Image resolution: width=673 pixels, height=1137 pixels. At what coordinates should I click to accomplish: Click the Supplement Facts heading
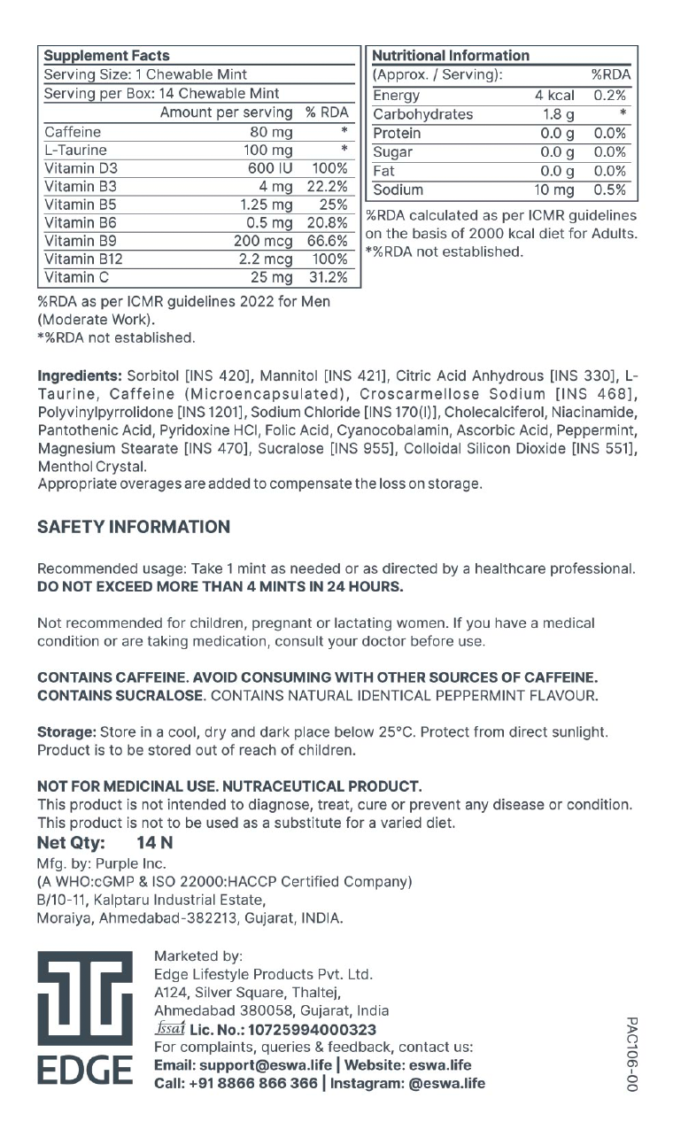(x=106, y=55)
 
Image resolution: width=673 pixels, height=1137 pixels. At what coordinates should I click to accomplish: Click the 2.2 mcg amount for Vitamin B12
(x=265, y=259)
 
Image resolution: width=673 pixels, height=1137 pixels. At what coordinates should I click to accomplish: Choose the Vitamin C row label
(x=74, y=278)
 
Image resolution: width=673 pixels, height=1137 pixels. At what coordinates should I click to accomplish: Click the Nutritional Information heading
(x=451, y=55)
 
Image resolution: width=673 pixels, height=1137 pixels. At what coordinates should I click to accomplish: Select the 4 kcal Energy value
(x=554, y=96)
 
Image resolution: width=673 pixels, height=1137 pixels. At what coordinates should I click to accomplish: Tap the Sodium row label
(x=398, y=189)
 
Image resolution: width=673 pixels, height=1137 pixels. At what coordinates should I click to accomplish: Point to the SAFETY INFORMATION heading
(x=134, y=527)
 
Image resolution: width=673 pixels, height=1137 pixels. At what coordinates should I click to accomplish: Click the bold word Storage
(x=66, y=732)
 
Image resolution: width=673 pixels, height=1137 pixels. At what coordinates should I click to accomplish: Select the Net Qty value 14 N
(x=155, y=843)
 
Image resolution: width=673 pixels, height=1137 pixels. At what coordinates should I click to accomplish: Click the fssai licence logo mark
(x=168, y=1030)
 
